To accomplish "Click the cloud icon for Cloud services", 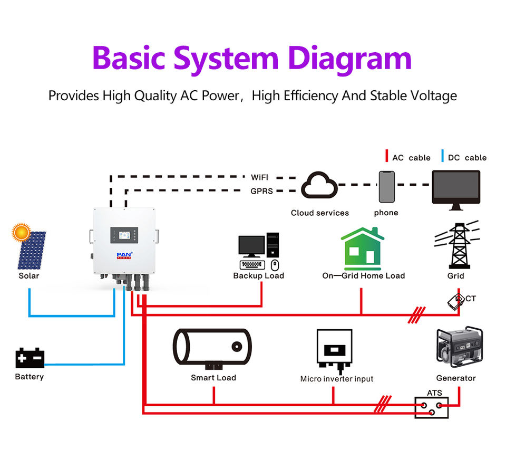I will tap(319, 186).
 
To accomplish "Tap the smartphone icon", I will tap(386, 186).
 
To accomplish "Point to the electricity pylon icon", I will tap(456, 246).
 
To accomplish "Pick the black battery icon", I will tap(30, 358).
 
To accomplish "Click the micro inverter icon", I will tap(334, 350).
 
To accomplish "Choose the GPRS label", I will tap(262, 191).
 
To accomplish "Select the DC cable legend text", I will tap(467, 158).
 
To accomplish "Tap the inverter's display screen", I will tap(124, 235).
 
